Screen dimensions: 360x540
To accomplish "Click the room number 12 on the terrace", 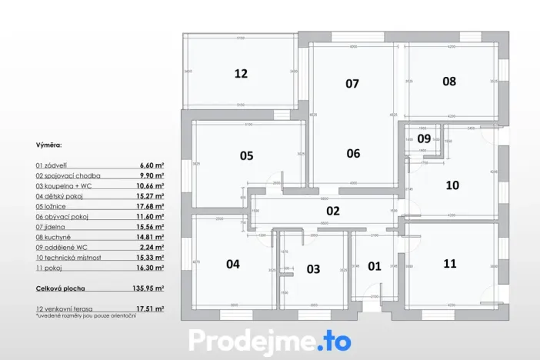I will pos(241,74).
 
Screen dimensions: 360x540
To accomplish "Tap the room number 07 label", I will pos(352,84).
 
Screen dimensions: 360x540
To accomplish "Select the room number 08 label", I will pos(449,81).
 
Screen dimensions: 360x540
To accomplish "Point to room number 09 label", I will pos(424,138).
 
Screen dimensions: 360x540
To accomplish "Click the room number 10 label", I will pos(452,185).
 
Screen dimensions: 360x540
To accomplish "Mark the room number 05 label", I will pos(246,155).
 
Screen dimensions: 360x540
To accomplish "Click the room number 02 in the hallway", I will pos(333,210).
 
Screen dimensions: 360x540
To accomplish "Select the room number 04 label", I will pos(232,264).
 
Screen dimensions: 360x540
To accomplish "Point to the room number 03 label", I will pos(313,269).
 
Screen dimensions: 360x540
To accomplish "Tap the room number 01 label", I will pos(375,266).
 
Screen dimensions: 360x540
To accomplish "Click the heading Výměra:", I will pos(48,144).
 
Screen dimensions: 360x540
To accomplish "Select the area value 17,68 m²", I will pos(151,206).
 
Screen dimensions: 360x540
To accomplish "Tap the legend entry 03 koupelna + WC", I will pos(67,185).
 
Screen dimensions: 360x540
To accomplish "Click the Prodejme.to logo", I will pos(269,340).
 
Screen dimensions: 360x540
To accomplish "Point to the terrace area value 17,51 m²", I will pos(150,308).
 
